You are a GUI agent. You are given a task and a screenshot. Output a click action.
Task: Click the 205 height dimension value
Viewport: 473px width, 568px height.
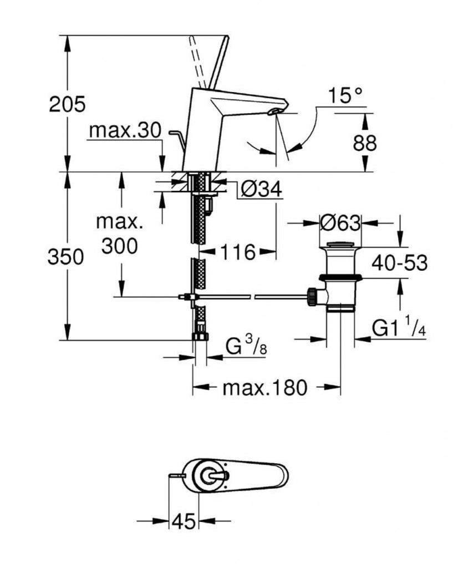pyautogui.click(x=67, y=104)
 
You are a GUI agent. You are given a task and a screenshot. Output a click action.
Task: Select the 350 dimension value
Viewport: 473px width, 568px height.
pyautogui.click(x=66, y=257)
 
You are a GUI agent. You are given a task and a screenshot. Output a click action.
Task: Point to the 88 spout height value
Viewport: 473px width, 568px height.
pyautogui.click(x=364, y=143)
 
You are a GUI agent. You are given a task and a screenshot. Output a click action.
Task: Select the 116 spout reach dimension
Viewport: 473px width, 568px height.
pyautogui.click(x=238, y=253)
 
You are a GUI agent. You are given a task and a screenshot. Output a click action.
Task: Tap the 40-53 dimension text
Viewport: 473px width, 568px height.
pyautogui.click(x=399, y=263)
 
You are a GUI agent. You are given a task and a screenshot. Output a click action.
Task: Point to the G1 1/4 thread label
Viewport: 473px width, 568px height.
pyautogui.click(x=398, y=329)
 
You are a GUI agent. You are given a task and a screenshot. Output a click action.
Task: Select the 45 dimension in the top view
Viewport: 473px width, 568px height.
pyautogui.click(x=184, y=521)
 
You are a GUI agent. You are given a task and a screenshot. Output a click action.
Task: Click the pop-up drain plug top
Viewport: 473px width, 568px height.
pyautogui.click(x=339, y=245)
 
